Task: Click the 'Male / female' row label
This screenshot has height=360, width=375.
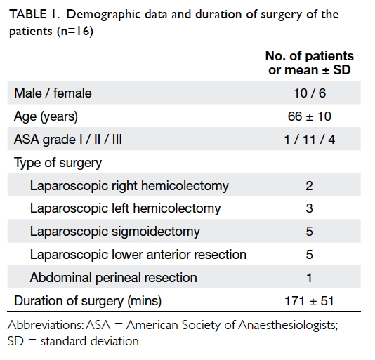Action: click(53, 93)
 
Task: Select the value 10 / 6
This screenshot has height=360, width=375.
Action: click(310, 93)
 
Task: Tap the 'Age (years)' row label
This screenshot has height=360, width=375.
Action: click(46, 116)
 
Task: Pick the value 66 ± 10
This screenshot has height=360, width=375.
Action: click(310, 116)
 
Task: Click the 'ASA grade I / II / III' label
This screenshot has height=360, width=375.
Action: click(68, 140)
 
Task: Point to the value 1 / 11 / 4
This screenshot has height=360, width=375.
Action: click(310, 140)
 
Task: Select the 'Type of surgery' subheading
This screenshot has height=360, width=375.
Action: click(58, 163)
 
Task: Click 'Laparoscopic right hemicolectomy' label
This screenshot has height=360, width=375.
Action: click(129, 186)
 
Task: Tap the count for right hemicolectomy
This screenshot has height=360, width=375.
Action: click(309, 186)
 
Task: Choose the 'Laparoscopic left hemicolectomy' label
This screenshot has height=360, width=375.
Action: click(125, 208)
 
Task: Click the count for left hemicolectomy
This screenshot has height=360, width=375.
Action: click(309, 208)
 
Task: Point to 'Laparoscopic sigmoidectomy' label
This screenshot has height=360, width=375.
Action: click(114, 232)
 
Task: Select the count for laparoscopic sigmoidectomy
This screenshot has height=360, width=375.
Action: click(309, 232)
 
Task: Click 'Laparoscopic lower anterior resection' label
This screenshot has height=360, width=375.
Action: click(138, 254)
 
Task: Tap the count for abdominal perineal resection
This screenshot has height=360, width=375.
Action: click(309, 278)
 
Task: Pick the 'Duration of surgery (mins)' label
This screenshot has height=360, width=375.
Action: click(88, 301)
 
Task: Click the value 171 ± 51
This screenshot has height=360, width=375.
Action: click(309, 301)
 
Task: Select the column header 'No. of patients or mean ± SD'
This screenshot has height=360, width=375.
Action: click(310, 63)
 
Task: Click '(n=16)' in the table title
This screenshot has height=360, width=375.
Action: click(75, 31)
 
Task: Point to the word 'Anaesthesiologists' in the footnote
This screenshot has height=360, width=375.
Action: click(288, 325)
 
